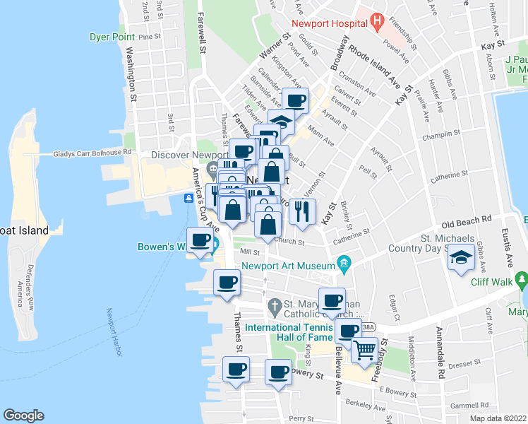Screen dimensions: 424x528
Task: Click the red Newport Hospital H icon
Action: (x=377, y=22)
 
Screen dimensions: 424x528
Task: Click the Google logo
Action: (x=23, y=416)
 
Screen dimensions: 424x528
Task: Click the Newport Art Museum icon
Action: (x=344, y=266)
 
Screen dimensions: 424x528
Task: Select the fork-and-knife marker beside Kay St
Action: (x=302, y=211)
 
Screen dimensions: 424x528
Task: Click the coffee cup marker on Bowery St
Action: (x=278, y=371)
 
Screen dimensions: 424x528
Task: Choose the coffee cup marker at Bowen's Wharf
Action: (x=200, y=240)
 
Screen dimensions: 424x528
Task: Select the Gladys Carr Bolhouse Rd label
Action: (x=92, y=152)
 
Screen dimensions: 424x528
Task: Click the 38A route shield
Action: (x=368, y=326)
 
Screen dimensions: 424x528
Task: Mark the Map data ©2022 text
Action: (x=497, y=418)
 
